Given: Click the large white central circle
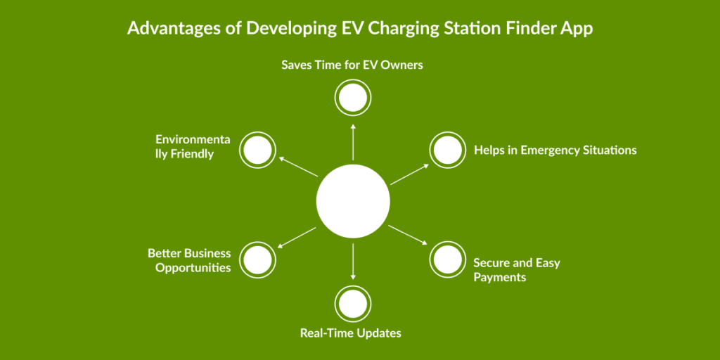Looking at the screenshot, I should [353, 201].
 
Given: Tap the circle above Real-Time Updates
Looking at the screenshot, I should [353, 304].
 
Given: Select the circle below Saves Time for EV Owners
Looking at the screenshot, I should [353, 98].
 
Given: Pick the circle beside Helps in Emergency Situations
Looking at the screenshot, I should [448, 150].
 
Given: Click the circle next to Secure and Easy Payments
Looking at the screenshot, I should [448, 259].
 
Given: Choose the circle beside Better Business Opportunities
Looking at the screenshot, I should [257, 259].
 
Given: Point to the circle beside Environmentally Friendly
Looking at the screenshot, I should [257, 150].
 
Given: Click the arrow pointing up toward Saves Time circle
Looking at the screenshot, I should [353, 141].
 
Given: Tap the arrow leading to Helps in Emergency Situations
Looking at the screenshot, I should [409, 174].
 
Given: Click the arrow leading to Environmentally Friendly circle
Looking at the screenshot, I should [298, 166].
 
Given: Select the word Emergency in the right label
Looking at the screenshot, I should [547, 150].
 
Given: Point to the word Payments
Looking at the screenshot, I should [499, 278].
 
